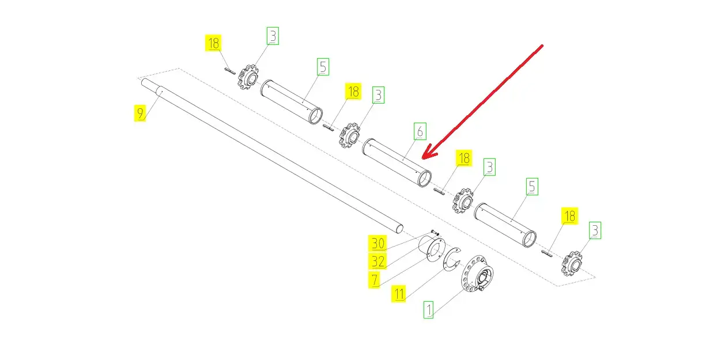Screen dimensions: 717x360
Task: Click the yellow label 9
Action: tap(139, 113)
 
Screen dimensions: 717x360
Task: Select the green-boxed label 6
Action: tap(420, 131)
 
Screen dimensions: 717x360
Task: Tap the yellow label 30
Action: tap(378, 244)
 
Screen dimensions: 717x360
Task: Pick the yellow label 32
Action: tap(378, 262)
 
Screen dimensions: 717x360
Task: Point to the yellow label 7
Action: tap(375, 280)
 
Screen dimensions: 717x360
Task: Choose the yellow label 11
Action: tap(398, 294)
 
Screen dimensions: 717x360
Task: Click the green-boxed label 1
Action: tap(429, 310)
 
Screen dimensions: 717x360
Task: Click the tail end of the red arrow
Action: tap(542, 46)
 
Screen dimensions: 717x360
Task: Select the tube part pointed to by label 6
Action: tap(397, 162)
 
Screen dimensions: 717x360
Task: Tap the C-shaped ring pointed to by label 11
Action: tap(450, 259)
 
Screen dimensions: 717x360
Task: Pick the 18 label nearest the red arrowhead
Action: tap(464, 158)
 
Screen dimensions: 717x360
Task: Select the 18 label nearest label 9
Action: tap(213, 43)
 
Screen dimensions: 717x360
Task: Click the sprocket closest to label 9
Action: tap(248, 77)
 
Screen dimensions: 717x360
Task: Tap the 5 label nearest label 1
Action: tap(532, 187)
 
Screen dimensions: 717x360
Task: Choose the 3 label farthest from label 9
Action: tap(595, 230)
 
